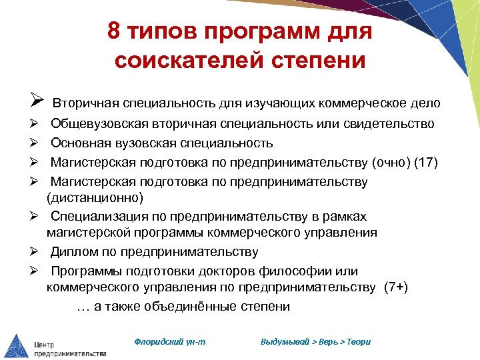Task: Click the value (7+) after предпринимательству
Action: [x=395, y=287]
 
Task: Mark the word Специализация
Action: [x=94, y=217]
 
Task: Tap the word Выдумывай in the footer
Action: [x=285, y=341]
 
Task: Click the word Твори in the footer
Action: [x=358, y=341]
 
